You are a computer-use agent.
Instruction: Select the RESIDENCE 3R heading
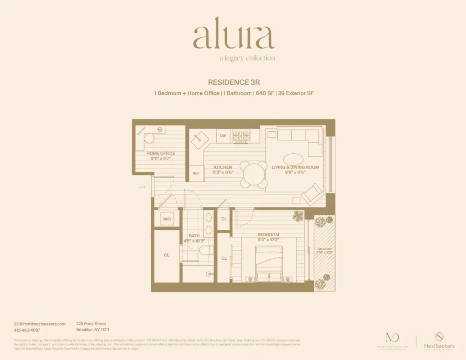pos(234,82)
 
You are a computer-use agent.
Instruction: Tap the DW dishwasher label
pos(223,136)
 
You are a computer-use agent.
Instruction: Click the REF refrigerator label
pos(196,173)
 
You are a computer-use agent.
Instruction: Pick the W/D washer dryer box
pos(167,219)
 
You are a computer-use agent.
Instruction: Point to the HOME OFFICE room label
pos(161,153)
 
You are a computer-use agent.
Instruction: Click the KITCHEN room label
pos(223,167)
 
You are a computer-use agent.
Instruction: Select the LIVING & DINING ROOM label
pos(295,167)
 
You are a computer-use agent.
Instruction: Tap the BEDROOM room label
pos(268,235)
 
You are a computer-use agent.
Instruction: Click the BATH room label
pos(194,236)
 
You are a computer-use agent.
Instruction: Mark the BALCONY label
pos(324,249)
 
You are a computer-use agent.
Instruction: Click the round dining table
pos(254,175)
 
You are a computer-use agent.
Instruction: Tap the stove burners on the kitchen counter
pos(241,136)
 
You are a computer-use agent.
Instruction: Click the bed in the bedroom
pos(269,263)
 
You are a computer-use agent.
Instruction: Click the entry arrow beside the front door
pos(142,187)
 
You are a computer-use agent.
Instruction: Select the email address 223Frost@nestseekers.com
pos(40,324)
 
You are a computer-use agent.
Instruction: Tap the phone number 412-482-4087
pos(27,330)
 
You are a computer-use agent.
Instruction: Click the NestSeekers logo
pos(439,341)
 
